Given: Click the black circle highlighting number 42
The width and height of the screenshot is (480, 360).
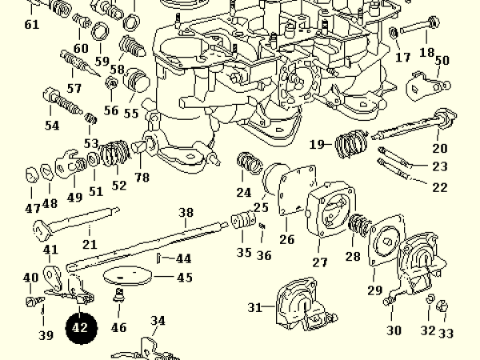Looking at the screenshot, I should coord(80,327).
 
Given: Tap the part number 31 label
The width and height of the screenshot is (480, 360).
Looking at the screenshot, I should coord(254,308).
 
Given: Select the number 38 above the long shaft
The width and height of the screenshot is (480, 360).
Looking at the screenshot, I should coord(186,213).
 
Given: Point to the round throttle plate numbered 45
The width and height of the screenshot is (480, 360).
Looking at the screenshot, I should coord(127,276).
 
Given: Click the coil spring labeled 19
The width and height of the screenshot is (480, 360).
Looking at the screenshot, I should coord(350,145).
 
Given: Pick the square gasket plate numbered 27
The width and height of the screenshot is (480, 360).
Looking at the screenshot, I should coord(328,213).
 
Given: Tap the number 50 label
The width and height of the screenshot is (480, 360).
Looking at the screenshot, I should coord(442,61).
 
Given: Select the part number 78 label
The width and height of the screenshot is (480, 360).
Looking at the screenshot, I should coord(142,177).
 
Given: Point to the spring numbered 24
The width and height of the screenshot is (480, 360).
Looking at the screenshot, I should coord(249,166).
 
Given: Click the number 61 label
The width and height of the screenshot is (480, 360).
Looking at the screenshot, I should coord(31,25).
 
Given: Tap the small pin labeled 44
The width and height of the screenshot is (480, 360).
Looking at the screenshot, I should coord(160,258).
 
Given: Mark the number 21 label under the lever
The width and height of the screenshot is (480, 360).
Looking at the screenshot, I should coord(89,244).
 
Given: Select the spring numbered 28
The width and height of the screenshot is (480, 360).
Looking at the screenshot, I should coord(357,227).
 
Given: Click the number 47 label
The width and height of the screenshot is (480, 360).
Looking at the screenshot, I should coord(31,209).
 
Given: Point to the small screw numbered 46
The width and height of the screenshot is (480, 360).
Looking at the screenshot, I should coord(118,300).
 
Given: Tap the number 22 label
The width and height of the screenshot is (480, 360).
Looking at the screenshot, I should coord(439,188).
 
